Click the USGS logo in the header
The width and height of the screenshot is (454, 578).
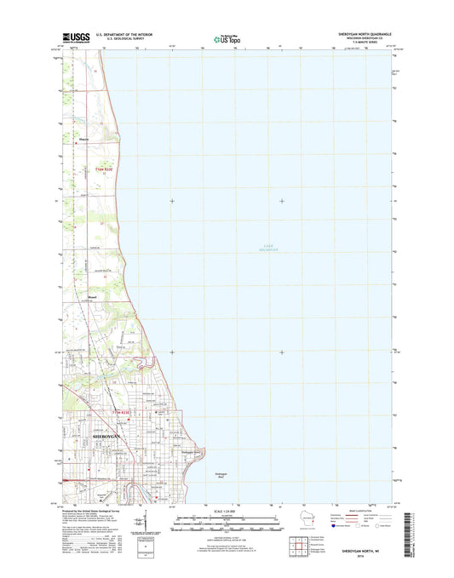click(x=76, y=37)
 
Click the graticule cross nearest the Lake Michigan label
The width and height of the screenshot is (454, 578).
click(x=282, y=201)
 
